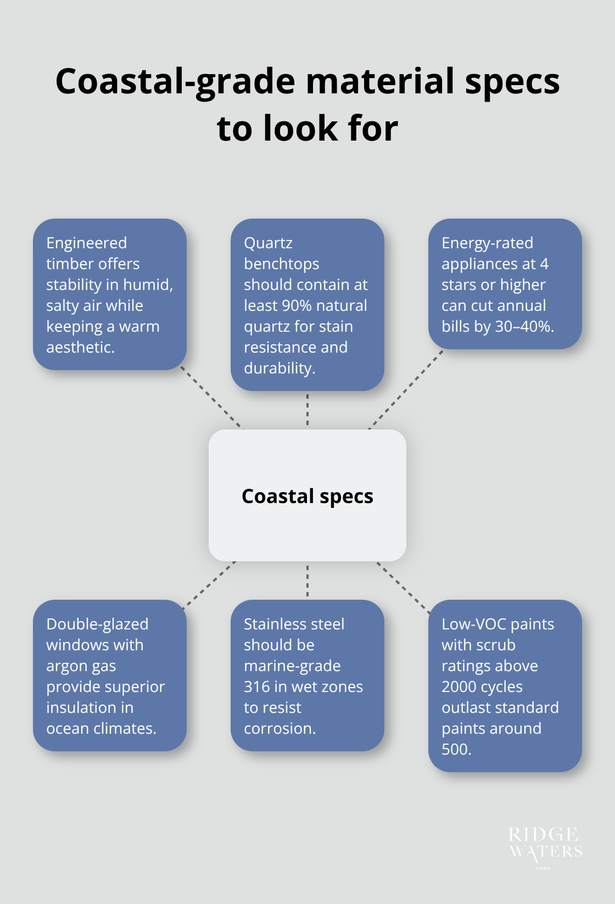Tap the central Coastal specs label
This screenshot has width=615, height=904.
tap(307, 496)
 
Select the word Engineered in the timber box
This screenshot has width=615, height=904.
tap(86, 243)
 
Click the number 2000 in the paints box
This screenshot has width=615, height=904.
tap(461, 687)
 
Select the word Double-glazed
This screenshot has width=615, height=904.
tap(97, 624)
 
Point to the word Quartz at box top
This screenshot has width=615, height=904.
tap(268, 243)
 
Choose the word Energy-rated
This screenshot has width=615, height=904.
tap(487, 243)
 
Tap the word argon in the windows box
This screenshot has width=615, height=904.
tap(64, 666)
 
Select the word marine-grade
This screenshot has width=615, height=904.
tap(292, 666)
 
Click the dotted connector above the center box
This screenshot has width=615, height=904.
tap(307, 410)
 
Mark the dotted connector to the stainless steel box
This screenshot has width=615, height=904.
tap(307, 580)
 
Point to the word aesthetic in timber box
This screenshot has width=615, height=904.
tap(80, 347)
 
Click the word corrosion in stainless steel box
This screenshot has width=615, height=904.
tap(279, 728)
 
